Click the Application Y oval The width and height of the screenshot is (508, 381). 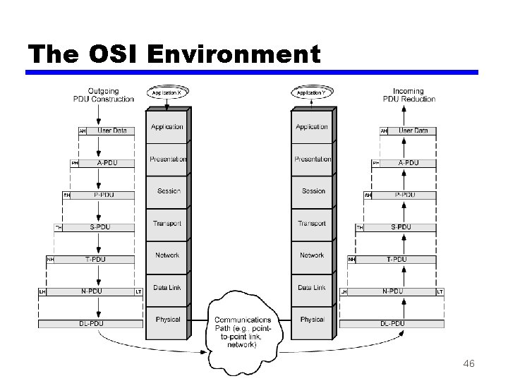pos(311,92)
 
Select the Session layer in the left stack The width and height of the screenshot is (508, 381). pos(169,191)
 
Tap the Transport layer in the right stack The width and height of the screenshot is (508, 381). pos(312,224)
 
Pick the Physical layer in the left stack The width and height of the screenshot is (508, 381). pos(168,319)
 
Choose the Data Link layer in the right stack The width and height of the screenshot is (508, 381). pos(312,287)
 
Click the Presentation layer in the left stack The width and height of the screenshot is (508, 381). pos(168,159)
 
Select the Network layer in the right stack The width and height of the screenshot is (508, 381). pos(312,255)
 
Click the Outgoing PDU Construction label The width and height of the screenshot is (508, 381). pos(103,95)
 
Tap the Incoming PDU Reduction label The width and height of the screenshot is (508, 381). pos(409,95)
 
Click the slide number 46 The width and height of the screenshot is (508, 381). pos(468,364)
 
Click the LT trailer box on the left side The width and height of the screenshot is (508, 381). pos(138,291)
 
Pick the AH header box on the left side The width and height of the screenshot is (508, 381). pos(83,131)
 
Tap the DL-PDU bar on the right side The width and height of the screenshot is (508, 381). pos(392,324)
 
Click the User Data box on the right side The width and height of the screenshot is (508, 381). pos(413,131)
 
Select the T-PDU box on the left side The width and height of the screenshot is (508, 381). pos(95,260)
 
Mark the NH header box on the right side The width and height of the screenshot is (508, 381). pos(351,260)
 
